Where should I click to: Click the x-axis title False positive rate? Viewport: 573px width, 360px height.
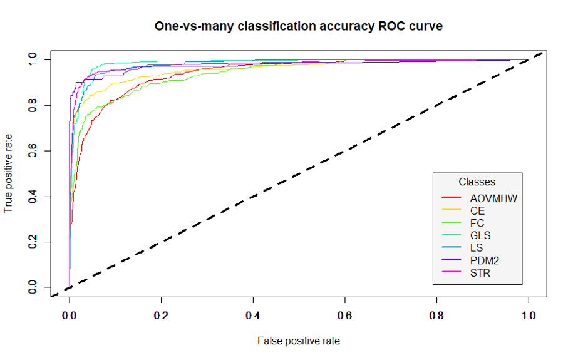299,341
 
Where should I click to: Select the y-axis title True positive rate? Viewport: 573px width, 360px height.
9,173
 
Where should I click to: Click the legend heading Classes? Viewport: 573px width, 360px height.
477,182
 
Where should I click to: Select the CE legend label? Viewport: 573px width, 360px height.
477,211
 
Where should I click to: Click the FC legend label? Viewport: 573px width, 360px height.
477,223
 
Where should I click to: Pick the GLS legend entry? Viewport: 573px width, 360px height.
480,235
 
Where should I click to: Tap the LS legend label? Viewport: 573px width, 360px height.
477,248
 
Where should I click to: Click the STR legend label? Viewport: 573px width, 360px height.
480,272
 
